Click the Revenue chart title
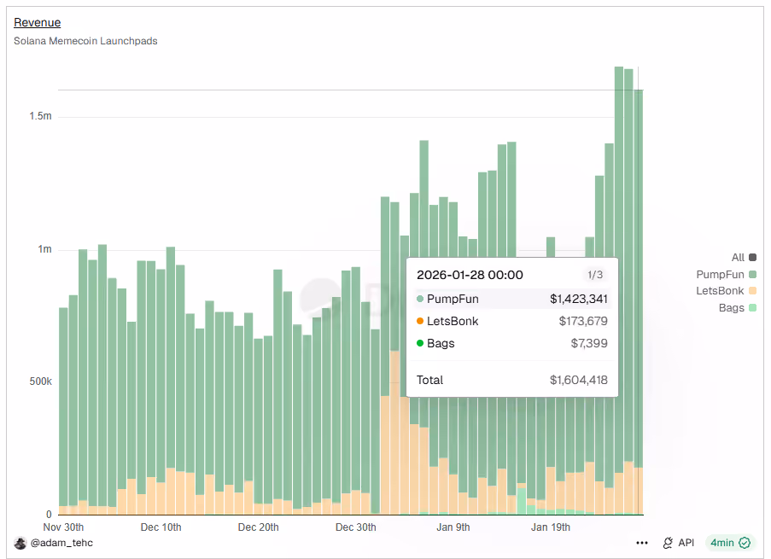[38, 22]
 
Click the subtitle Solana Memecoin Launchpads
[85, 41]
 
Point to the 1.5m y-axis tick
[40, 116]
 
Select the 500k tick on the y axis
[40, 381]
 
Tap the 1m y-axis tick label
[44, 249]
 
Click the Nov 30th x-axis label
[63, 527]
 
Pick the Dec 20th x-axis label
[258, 527]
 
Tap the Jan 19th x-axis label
[551, 527]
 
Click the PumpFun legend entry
[727, 274]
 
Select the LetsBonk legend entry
[727, 291]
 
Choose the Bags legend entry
[738, 308]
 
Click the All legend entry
[744, 257]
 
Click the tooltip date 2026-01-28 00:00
[470, 275]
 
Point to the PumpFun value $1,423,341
[579, 299]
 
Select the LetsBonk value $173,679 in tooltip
[583, 321]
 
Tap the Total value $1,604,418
[579, 380]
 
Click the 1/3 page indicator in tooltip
[595, 275]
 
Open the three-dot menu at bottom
[642, 543]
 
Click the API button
[679, 543]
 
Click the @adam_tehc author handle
[61, 543]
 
